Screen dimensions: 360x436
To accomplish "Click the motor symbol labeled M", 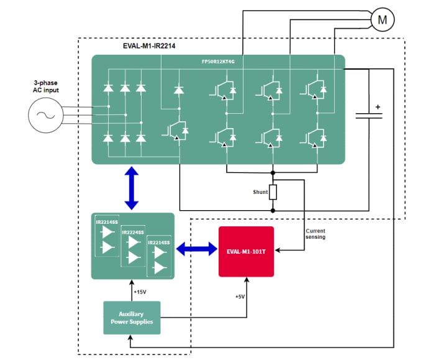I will coord(383,21).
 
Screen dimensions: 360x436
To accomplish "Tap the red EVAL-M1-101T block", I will coord(246,252).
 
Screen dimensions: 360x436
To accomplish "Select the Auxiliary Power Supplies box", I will coord(131,317).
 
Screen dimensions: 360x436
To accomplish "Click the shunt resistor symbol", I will coord(273,192).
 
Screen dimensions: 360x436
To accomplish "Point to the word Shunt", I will coord(260,192).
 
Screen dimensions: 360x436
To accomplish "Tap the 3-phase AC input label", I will coord(46,87).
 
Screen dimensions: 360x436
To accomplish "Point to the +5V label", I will coord(240,297).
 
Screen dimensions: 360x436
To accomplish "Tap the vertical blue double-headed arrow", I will coord(132,188).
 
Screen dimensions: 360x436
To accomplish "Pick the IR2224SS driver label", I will coord(133,233).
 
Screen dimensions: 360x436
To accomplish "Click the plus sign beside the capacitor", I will coord(378,106).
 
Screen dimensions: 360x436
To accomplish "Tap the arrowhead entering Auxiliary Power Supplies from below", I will coord(130,338).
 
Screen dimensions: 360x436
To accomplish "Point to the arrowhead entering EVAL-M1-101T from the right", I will coord(277,251).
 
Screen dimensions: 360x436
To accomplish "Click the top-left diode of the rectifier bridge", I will coord(109,88).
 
